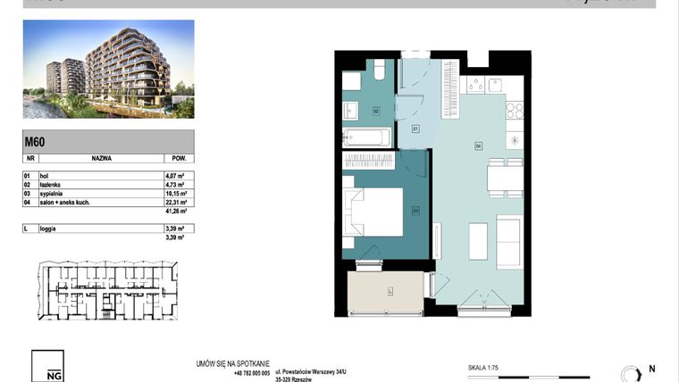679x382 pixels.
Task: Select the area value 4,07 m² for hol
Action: [172, 176]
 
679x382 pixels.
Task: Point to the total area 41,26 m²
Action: [172, 212]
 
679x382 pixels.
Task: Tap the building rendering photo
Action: [108, 69]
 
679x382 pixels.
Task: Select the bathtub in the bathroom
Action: [367, 138]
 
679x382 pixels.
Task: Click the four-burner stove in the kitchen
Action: [515, 111]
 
